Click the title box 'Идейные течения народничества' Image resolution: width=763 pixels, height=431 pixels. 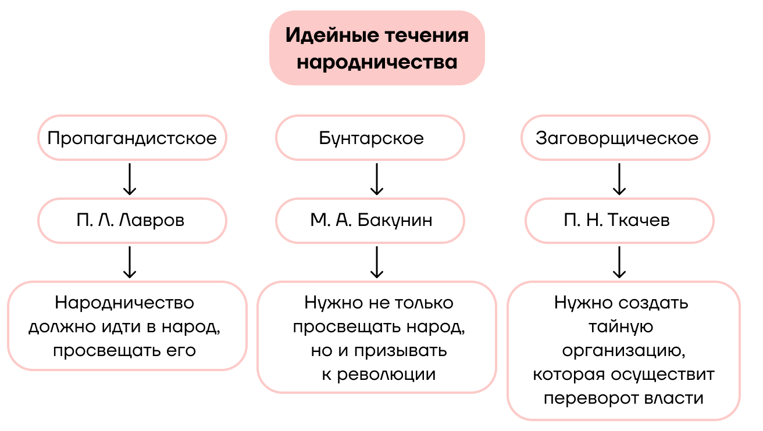pos(377,48)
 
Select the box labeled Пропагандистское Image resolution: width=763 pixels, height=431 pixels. pos(132,138)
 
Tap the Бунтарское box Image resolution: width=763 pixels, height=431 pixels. pos(371,138)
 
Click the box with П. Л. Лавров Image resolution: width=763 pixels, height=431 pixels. pos(132,221)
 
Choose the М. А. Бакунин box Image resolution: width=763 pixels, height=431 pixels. pos(371,221)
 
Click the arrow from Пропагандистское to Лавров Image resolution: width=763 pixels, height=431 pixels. pos(130,179)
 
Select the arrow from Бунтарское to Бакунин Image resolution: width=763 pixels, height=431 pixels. pos(377,179)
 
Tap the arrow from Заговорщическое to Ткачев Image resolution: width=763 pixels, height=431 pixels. pos(620,179)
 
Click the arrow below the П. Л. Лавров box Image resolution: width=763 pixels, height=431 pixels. pos(130,262)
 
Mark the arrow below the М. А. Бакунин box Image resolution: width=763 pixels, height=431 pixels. pos(377,262)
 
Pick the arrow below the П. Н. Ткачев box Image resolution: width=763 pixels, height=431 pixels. pos(620,262)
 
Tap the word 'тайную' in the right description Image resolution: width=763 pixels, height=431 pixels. pos(621,327)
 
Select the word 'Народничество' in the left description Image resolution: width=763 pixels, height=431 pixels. pos(124,303)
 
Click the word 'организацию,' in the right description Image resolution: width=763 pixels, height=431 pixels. pos(621,351)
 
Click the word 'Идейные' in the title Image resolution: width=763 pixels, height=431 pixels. pos(331,35)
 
